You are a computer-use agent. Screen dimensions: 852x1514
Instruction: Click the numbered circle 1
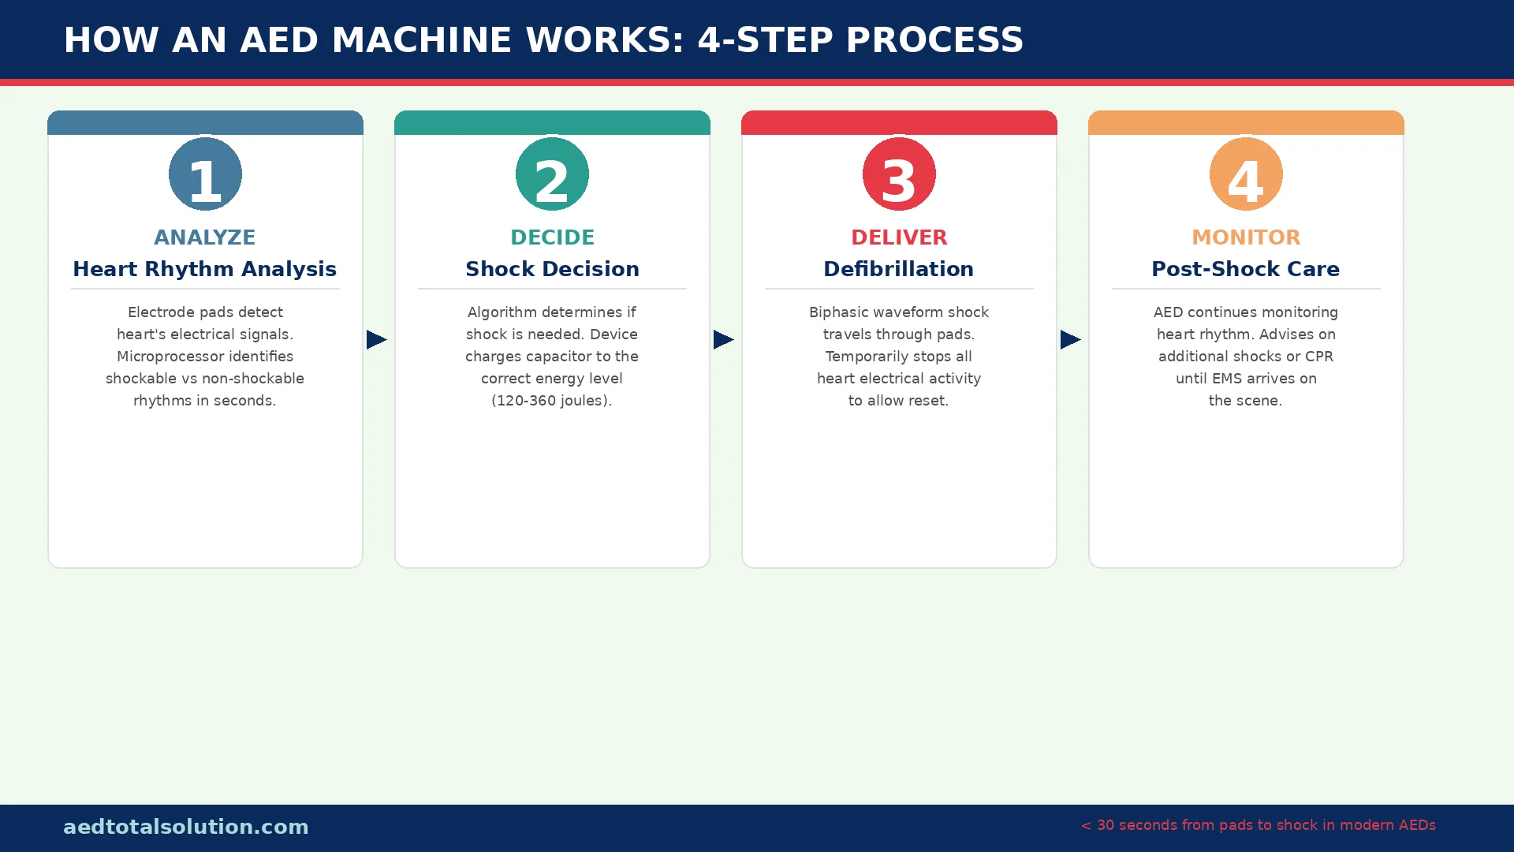[205, 174]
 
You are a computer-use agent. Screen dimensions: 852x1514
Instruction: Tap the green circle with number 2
[552, 174]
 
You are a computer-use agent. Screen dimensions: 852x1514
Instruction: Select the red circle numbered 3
[899, 174]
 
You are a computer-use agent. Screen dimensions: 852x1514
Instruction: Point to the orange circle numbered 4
[1246, 174]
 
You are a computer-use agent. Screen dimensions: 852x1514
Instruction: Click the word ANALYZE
[205, 237]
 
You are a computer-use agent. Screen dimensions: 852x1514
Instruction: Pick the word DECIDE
[552, 237]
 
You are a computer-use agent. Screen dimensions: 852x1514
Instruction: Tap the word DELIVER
[899, 237]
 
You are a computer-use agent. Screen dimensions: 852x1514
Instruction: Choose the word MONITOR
[1246, 237]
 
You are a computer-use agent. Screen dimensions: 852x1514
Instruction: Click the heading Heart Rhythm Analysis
[205, 269]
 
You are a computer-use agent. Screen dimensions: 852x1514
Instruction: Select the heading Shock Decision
[552, 269]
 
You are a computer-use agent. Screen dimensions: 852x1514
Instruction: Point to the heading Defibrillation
[899, 269]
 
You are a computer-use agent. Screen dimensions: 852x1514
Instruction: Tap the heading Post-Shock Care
[1246, 269]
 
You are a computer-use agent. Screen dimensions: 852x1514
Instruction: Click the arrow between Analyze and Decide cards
[376, 339]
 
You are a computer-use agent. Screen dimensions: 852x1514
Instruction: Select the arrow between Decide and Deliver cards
[723, 339]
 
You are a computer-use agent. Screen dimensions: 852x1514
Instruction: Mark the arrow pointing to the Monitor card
[1070, 339]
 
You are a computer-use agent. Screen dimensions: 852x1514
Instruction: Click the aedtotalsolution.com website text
[186, 827]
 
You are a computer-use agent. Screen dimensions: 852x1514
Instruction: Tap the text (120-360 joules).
[552, 401]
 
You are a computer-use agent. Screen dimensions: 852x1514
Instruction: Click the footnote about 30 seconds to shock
[1259, 825]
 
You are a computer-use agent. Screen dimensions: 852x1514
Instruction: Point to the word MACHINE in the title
[422, 40]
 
